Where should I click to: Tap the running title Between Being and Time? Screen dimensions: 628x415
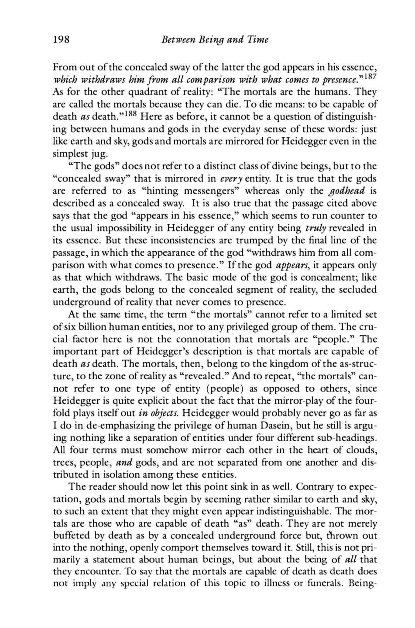(215, 40)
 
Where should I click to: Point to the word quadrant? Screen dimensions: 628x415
(147, 93)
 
